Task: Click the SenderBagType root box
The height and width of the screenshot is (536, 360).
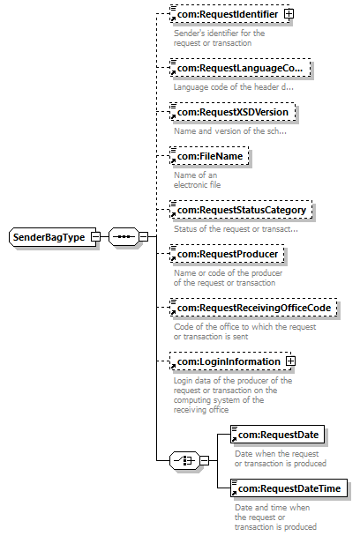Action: [x=52, y=236]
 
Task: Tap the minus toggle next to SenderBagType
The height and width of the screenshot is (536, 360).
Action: [x=96, y=236]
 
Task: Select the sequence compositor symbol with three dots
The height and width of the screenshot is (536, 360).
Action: [x=124, y=236]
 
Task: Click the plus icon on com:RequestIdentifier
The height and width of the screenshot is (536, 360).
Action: [x=289, y=14]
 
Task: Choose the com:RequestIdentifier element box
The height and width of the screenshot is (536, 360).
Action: [x=230, y=14]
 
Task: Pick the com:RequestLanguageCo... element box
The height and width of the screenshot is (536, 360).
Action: [x=240, y=68]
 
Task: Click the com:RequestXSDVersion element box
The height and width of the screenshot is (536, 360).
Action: [x=233, y=112]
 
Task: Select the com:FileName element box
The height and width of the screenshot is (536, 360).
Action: [x=209, y=156]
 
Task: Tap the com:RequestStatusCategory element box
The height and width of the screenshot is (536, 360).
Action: [x=241, y=210]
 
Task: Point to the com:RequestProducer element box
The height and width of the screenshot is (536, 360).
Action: [x=228, y=254]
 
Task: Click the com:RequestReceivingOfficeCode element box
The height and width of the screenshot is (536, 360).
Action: [x=253, y=308]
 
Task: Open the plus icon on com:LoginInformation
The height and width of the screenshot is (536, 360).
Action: [x=290, y=361]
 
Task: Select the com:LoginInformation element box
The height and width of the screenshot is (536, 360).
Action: [x=230, y=361]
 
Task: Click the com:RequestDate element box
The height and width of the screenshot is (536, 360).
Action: [x=278, y=434]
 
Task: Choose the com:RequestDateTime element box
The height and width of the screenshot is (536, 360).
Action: [x=289, y=488]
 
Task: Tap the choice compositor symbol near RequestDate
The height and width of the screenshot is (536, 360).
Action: [x=184, y=460]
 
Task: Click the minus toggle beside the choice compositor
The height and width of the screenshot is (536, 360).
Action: [x=205, y=460]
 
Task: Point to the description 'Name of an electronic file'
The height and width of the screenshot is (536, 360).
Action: [x=197, y=180]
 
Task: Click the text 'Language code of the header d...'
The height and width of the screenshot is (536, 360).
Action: [x=234, y=86]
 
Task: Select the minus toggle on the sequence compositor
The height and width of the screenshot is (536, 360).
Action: [x=144, y=236]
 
